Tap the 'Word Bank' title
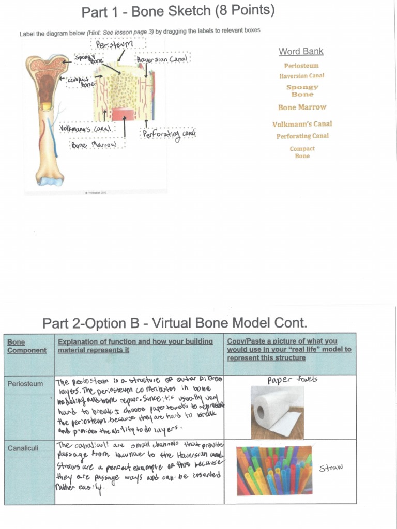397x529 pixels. pos(301,51)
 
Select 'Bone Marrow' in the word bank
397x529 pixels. pos(302,107)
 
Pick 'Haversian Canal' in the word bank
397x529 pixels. pos(302,76)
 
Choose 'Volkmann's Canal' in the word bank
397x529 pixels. pos(302,124)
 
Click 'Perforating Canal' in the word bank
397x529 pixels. pos(302,136)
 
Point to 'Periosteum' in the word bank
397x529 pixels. pos(301,66)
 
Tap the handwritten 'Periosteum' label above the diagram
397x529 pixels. pos(114,45)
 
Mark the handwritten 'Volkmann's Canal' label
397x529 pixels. pos(85,128)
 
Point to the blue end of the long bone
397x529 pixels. pos(50,181)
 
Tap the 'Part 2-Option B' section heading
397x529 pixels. pos(175,323)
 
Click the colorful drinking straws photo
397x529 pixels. pos(274,471)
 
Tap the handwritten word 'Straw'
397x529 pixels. pos(331,468)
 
